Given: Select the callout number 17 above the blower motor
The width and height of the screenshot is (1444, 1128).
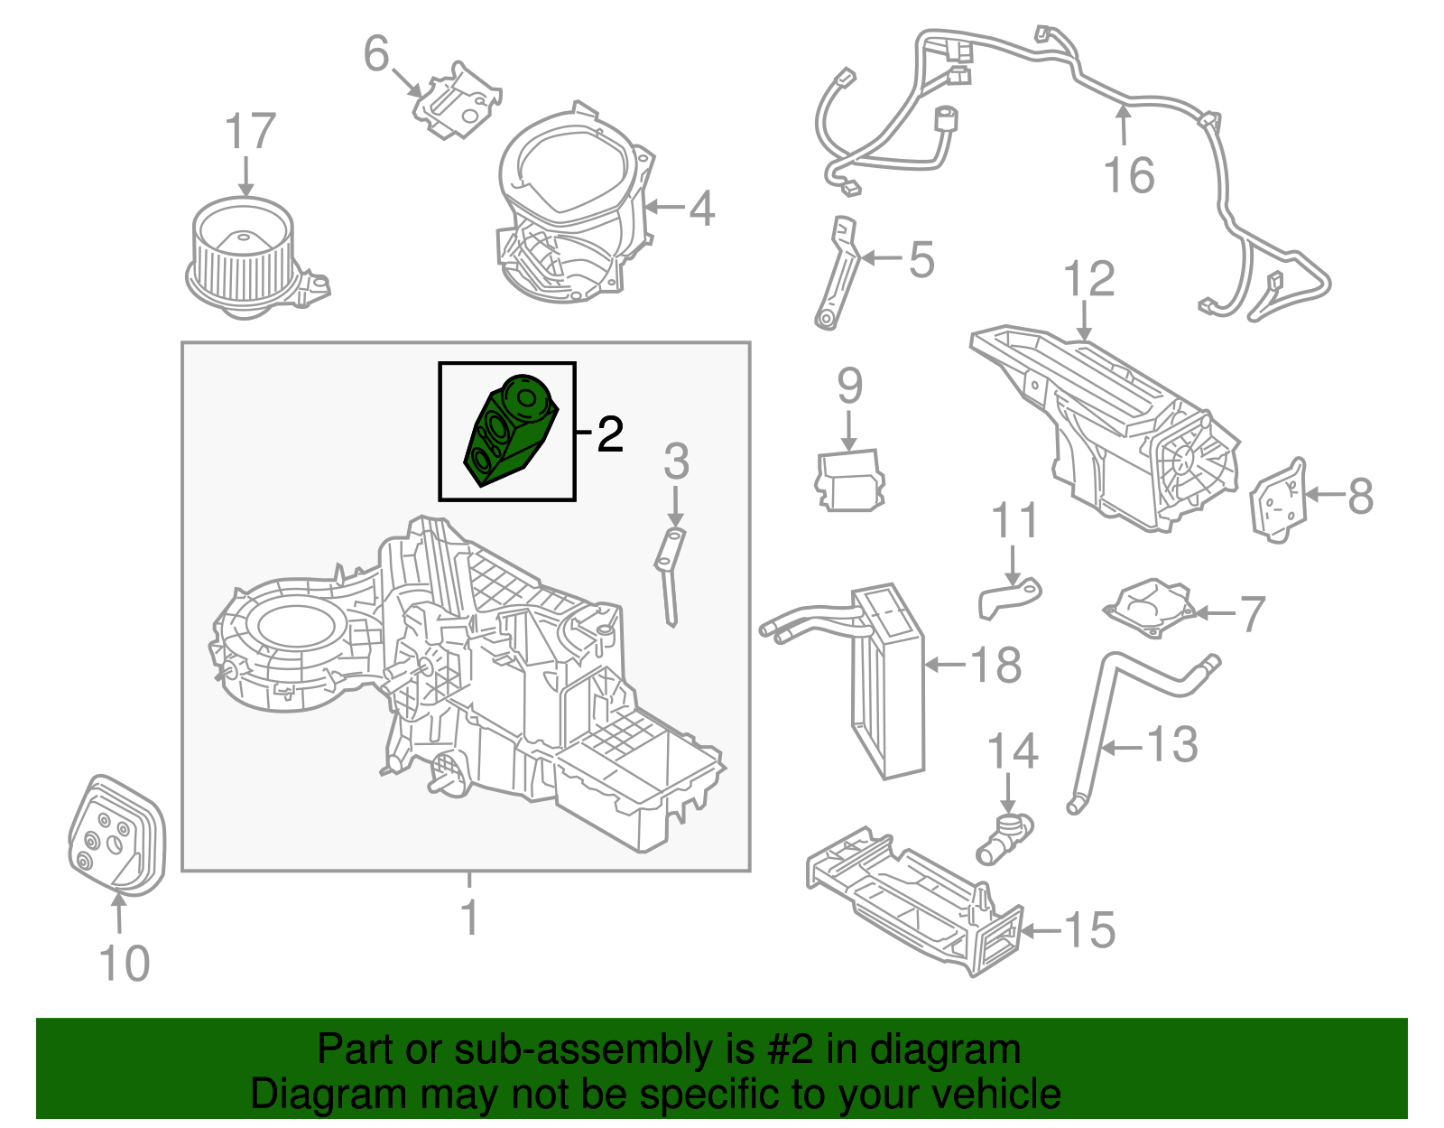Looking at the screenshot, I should click(x=249, y=133).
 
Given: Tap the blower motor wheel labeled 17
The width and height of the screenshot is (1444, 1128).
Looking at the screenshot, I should click(x=242, y=257).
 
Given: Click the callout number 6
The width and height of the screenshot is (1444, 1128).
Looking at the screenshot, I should click(x=376, y=53).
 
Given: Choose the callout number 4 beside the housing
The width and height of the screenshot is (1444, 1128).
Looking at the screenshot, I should click(x=702, y=209).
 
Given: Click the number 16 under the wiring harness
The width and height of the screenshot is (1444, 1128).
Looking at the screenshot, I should click(x=1128, y=175).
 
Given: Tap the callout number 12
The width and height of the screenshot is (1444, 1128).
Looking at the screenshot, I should click(x=1088, y=280).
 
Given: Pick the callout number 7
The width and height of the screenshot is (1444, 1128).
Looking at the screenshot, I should click(x=1252, y=614).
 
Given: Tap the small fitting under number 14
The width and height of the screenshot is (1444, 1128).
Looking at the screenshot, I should click(x=1004, y=837).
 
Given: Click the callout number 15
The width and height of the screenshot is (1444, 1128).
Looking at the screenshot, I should click(x=1089, y=930).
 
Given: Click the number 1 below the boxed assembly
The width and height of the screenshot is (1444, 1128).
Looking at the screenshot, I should click(x=468, y=918).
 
